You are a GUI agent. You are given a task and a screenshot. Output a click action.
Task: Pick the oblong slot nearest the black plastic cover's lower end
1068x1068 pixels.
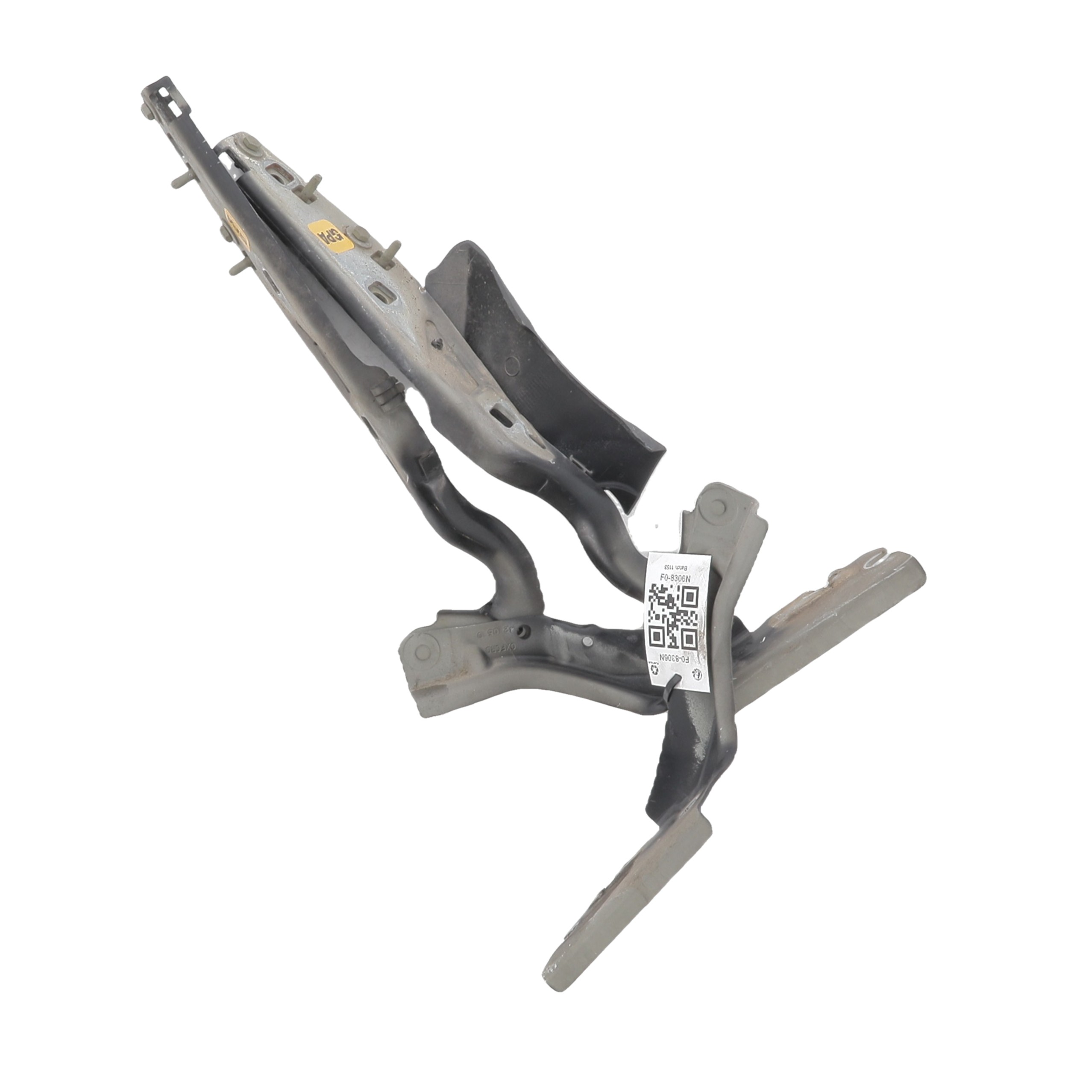pyautogui.click(x=501, y=412)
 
